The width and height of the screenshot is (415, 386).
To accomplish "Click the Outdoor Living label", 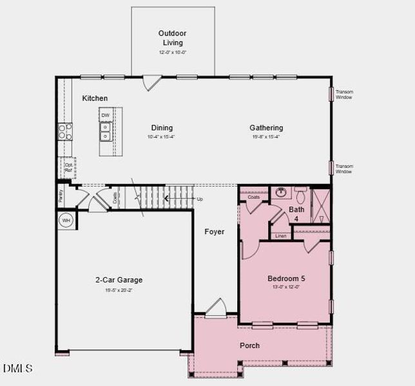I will (173, 38).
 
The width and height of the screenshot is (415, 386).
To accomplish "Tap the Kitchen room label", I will (95, 98).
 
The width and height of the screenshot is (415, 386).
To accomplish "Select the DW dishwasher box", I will (105, 116).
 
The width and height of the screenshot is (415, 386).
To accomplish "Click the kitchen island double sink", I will (105, 132).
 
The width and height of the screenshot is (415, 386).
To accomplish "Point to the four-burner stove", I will (66, 132).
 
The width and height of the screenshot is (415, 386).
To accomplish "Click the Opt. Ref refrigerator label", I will (69, 167).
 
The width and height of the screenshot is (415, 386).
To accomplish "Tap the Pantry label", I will (61, 196).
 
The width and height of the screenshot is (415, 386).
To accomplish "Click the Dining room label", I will (162, 127).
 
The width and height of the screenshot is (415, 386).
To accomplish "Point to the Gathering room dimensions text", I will (266, 136).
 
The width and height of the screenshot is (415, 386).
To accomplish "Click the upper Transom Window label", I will (345, 95).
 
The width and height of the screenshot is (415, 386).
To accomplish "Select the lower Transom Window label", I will (345, 169).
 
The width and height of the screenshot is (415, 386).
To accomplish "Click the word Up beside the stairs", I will (199, 199).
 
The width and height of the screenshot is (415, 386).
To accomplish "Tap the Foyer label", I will (215, 232).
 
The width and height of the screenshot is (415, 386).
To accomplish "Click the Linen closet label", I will (280, 236).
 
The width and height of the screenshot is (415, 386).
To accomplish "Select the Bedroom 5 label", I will (286, 279).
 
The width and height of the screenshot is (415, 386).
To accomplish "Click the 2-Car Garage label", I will (119, 280).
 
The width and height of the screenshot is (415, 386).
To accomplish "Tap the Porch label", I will (249, 345).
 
